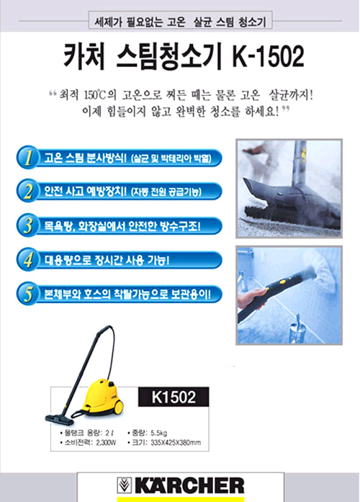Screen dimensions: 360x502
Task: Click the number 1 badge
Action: point(27,157)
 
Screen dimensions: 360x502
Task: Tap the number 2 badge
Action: point(27,191)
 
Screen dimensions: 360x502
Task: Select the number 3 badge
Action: point(27,225)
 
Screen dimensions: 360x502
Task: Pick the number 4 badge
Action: point(27,260)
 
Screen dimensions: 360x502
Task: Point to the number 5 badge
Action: point(27,294)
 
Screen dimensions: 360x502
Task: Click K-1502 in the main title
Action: point(268,56)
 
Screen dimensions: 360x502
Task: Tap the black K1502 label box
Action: point(174,397)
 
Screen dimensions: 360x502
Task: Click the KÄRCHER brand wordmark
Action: point(189,485)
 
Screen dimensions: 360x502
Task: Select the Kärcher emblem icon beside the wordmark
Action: point(125,485)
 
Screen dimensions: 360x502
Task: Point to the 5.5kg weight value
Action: point(158,433)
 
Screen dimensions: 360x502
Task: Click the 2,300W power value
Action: point(106,443)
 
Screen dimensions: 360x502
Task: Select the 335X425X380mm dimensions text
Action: point(176,443)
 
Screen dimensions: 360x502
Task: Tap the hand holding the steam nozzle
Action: point(251,297)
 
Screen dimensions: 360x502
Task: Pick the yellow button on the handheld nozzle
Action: point(282,282)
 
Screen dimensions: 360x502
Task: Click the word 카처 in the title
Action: point(84,56)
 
